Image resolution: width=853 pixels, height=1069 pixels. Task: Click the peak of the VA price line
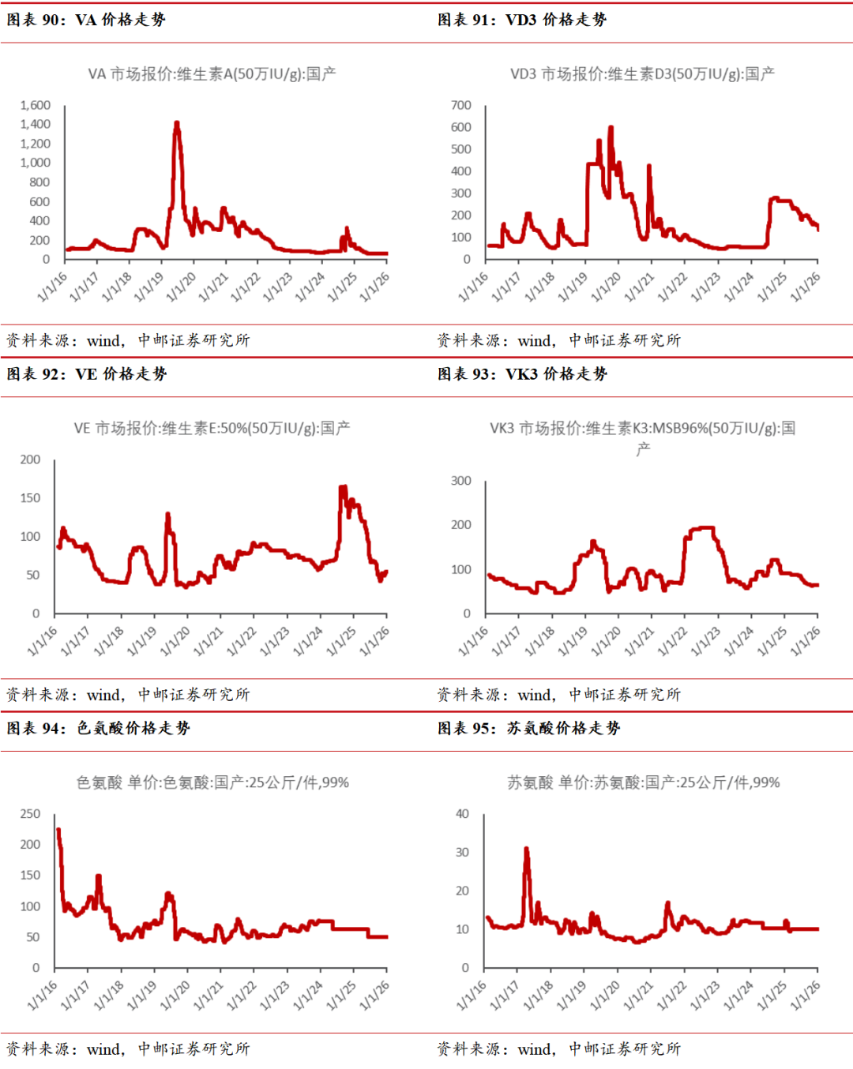177,123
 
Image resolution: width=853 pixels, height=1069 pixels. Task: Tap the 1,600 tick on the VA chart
36,105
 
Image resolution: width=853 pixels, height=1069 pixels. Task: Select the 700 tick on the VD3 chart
461,105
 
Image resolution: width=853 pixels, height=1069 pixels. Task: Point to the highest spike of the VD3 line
611,128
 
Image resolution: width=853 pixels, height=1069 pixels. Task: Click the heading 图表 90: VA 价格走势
86,20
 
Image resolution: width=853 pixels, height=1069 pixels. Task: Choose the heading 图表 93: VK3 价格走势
523,374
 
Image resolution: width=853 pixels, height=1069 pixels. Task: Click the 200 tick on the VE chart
30,459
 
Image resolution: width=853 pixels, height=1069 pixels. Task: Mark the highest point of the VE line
343,487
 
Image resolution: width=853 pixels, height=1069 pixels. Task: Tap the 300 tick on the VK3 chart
461,481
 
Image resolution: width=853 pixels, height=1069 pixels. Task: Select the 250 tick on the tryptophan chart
30,814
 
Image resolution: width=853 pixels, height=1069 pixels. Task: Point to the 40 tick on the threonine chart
463,814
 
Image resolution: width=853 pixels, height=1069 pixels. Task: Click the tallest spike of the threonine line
526,850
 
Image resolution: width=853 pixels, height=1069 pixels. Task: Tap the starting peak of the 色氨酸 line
58,831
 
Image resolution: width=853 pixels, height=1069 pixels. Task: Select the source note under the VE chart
128,695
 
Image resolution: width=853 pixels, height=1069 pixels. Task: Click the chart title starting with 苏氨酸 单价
643,782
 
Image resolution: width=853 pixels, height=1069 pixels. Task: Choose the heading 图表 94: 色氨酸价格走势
99,729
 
